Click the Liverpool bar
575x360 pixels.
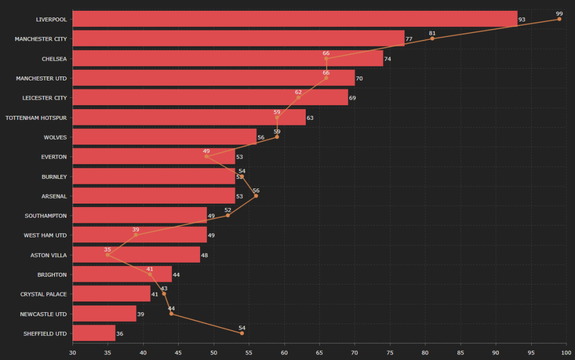tap(295, 19)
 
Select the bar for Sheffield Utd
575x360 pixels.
tap(94, 333)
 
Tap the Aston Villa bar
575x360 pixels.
tap(137, 255)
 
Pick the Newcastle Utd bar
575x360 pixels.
tap(105, 314)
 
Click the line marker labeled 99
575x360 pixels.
tap(559, 19)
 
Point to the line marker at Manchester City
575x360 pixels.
tap(432, 38)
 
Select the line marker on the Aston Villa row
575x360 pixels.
tap(108, 255)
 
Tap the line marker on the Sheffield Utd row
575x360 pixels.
tap(242, 333)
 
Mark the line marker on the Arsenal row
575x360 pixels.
tap(256, 196)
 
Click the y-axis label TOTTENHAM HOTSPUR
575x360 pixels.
tap(36, 118)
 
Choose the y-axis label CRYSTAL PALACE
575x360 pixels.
tap(43, 294)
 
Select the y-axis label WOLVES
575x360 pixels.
tap(55, 137)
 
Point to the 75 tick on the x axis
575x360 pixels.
tap(390, 353)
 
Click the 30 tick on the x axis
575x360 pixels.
tap(73, 353)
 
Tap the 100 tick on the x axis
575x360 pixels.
tap(566, 353)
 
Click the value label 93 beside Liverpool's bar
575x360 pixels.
tap(522, 20)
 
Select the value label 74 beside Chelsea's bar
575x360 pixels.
tap(388, 59)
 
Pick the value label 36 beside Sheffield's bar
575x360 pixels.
tap(120, 334)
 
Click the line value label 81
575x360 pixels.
tap(432, 33)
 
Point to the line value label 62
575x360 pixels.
tap(298, 92)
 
